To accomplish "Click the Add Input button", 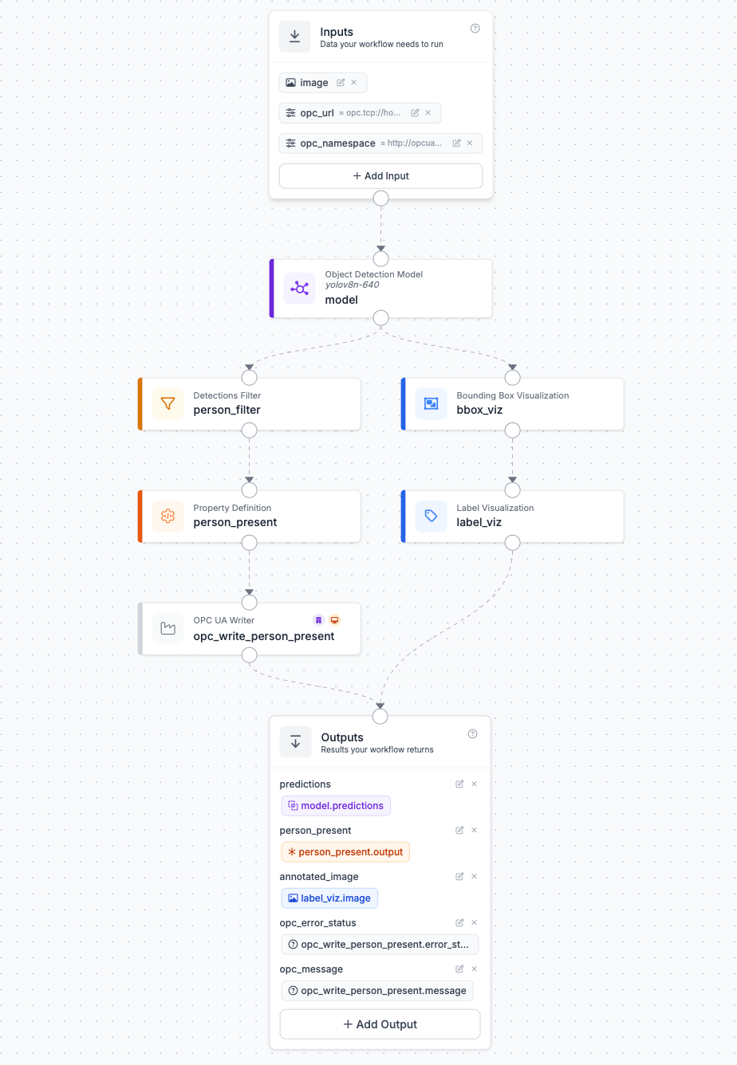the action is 380,176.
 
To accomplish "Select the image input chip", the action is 322,83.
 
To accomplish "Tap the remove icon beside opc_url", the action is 428,112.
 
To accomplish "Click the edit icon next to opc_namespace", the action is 456,143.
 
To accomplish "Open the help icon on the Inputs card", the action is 475,29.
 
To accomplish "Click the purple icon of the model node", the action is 299,288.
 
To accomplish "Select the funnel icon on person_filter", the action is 168,403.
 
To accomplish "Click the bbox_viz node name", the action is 479,410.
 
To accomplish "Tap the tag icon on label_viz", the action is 431,516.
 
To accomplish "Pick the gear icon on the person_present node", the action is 168,516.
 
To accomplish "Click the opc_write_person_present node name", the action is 263,636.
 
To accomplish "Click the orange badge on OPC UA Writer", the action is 335,620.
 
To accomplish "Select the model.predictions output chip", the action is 336,805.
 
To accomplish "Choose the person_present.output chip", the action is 345,851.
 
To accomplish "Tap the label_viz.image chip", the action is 329,898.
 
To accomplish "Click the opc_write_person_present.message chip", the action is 377,990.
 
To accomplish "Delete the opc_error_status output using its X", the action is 474,922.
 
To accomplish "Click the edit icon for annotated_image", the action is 459,876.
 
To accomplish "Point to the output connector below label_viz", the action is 512,543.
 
